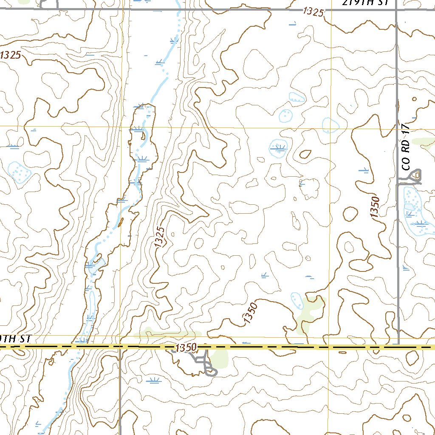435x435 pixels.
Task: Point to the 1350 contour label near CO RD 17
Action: tap(375, 207)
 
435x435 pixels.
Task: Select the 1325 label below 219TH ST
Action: tap(313, 12)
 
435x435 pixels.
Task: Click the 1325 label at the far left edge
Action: tap(10, 55)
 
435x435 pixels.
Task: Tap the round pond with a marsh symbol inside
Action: tap(279, 147)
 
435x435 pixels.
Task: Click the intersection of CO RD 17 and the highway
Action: tap(398, 347)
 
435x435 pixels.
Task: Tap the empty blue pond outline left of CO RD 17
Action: tap(330, 125)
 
